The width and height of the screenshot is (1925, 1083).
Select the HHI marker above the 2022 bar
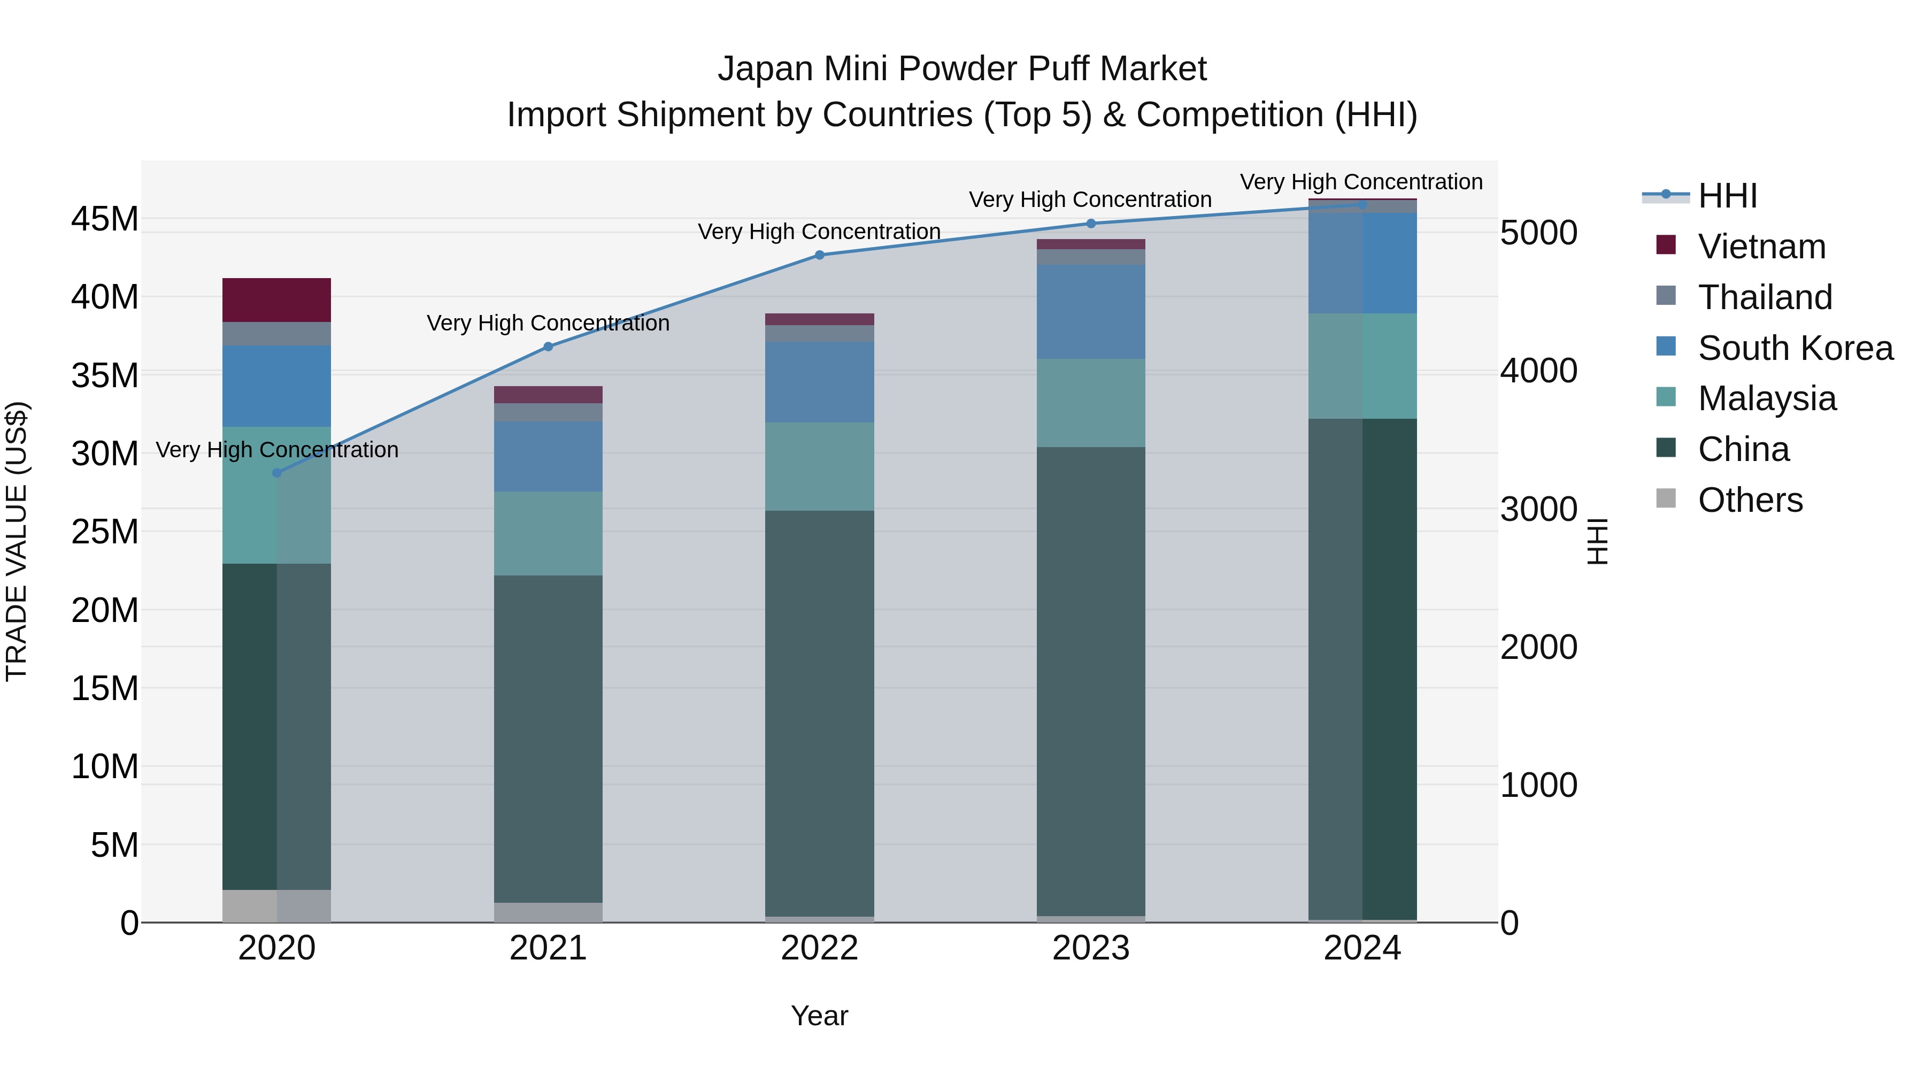819,255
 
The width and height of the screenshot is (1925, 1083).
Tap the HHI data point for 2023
1090,224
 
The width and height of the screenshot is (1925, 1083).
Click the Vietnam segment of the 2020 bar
276,299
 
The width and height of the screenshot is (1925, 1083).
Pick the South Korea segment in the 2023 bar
1090,312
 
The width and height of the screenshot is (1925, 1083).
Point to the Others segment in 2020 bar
276,906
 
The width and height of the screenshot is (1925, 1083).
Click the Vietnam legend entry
1761,247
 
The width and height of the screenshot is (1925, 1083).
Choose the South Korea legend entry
1795,348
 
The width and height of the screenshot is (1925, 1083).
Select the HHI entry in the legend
1727,196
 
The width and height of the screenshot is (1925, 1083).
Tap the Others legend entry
1750,500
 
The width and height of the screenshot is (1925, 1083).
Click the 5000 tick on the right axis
1538,233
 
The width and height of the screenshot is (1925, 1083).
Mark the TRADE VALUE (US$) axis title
17,541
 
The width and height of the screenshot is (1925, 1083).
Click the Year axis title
819,1016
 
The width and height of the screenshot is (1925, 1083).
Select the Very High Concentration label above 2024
1361,182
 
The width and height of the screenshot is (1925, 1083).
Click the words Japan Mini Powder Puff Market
962,69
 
